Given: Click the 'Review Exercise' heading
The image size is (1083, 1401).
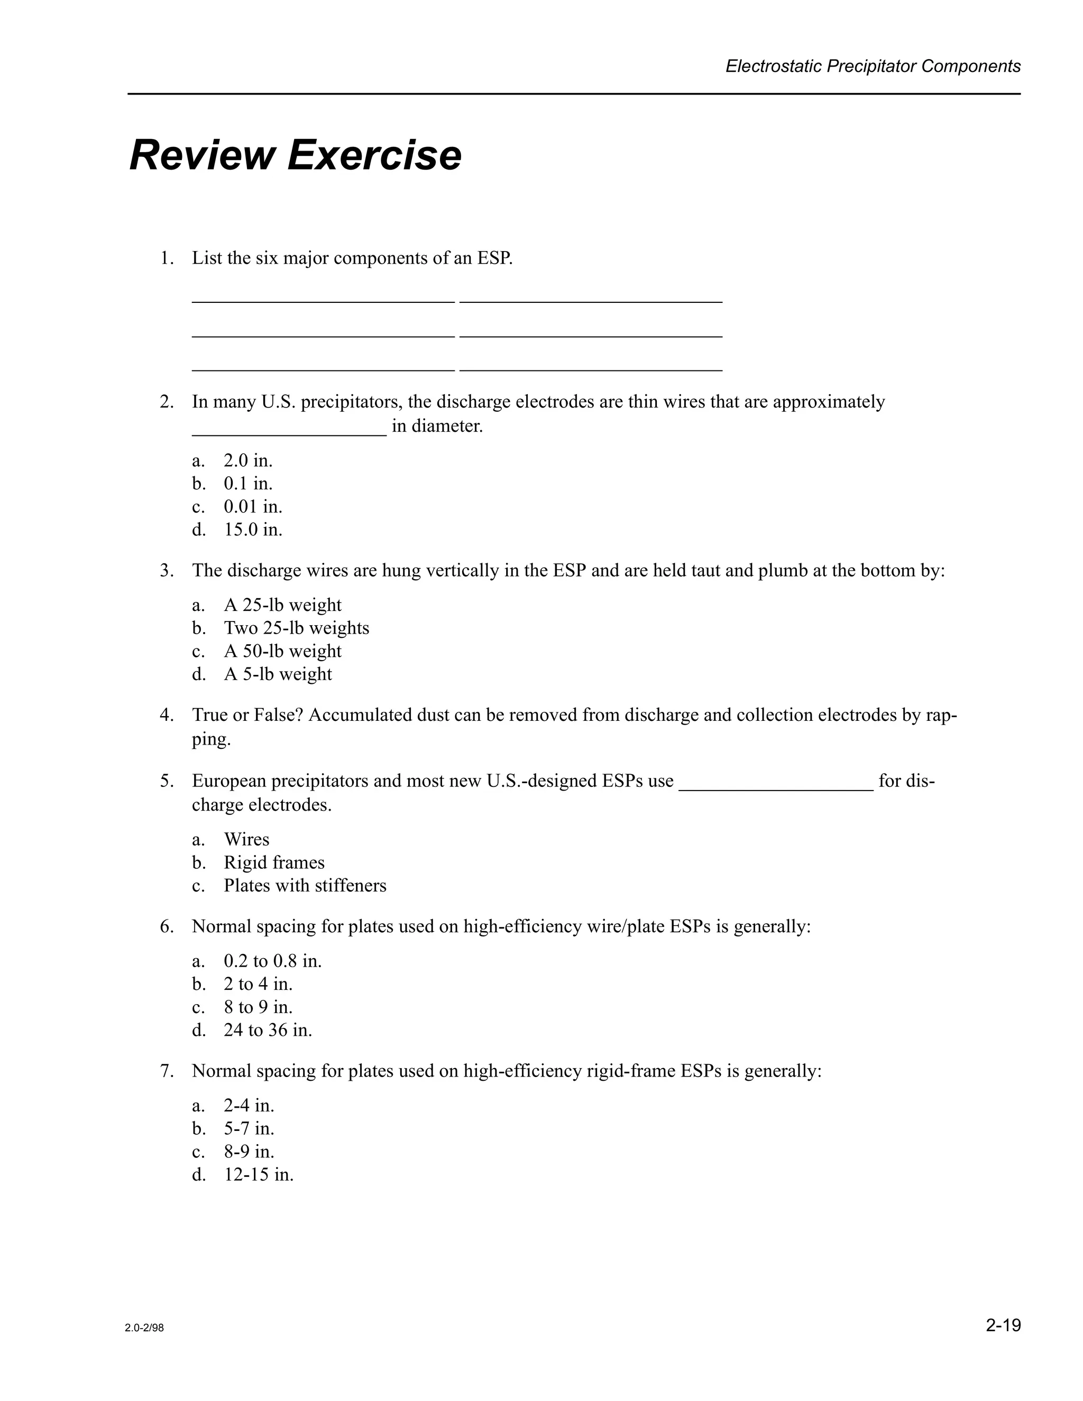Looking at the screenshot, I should (x=295, y=155).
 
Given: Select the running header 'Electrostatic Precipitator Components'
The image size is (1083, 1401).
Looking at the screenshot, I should (x=873, y=66).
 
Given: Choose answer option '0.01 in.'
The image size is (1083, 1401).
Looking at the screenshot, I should (x=253, y=507).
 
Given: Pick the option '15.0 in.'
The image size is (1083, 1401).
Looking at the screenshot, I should (x=253, y=530).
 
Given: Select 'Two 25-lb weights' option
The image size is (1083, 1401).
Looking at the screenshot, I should (x=296, y=627).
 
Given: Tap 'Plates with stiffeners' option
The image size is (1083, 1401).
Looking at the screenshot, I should (x=305, y=886).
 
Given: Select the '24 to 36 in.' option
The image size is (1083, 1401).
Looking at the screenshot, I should (x=268, y=1030).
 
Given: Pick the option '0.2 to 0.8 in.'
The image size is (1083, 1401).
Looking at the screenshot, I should (x=273, y=961).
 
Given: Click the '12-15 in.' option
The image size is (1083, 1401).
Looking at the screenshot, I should (x=259, y=1175).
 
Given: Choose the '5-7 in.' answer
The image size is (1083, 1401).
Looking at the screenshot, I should (x=249, y=1128).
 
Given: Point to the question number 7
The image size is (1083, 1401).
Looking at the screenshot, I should (x=166, y=1071).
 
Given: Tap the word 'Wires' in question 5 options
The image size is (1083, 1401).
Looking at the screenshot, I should (x=246, y=840).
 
